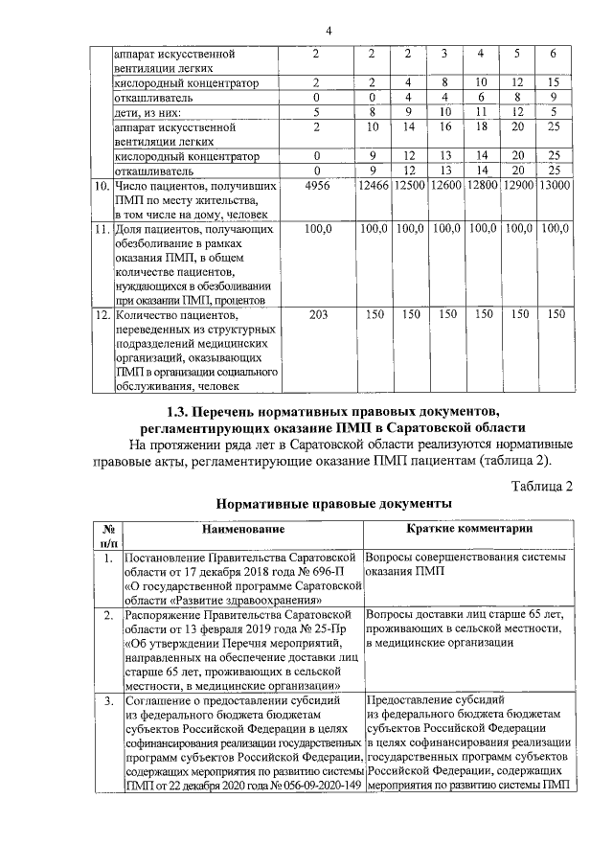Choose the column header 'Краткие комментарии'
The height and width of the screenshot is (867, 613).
469,530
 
